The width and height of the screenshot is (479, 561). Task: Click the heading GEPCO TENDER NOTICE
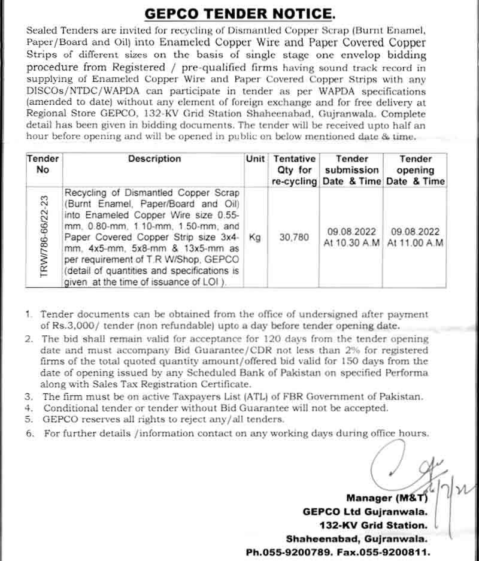point(239,14)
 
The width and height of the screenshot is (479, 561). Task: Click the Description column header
point(154,159)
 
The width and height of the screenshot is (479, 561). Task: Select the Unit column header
point(255,159)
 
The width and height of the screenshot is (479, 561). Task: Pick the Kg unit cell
point(255,238)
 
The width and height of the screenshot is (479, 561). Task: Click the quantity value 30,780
point(295,238)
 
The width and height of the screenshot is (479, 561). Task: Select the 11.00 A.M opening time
point(416,244)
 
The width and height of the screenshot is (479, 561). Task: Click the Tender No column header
point(43,164)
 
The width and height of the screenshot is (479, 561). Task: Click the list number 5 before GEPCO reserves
point(29,420)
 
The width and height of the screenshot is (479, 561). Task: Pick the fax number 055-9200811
point(398,553)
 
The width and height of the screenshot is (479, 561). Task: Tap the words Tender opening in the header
point(416,164)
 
